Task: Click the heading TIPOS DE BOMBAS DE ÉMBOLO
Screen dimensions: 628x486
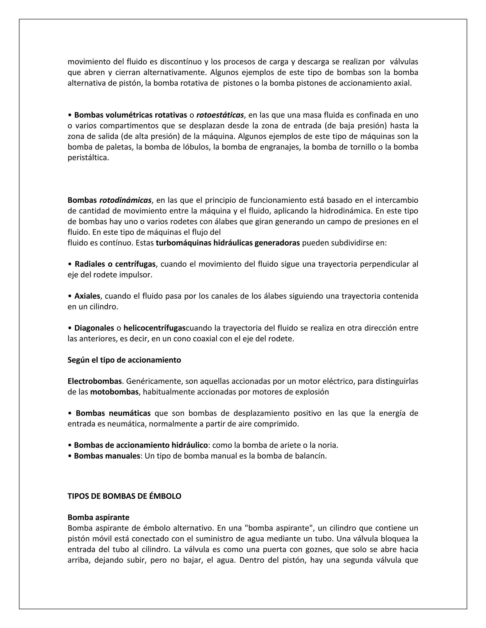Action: pyautogui.click(x=124, y=496)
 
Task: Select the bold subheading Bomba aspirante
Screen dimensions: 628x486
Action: pyautogui.click(x=98, y=517)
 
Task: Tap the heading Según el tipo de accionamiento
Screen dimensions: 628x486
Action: pyautogui.click(x=124, y=360)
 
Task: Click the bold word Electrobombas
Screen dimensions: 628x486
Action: pyautogui.click(x=95, y=381)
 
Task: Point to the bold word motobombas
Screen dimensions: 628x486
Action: pyautogui.click(x=114, y=392)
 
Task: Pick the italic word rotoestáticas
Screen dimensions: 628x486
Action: pyautogui.click(x=220, y=115)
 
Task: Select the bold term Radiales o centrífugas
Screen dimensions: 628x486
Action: pyautogui.click(x=115, y=264)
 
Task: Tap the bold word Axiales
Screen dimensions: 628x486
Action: pyautogui.click(x=87, y=296)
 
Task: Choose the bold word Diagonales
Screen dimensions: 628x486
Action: pyautogui.click(x=94, y=328)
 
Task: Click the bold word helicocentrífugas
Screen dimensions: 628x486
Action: pyautogui.click(x=155, y=328)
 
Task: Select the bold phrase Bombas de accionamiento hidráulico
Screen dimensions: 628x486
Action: pyautogui.click(x=141, y=445)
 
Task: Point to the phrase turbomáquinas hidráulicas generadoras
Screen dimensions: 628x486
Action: pyautogui.click(x=228, y=243)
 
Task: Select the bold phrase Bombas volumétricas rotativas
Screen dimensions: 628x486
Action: pyautogui.click(x=131, y=115)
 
